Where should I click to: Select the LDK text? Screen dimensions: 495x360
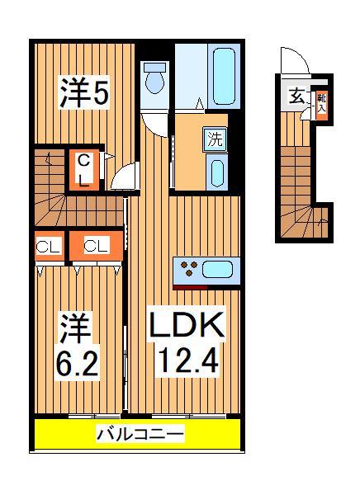(x=186, y=328)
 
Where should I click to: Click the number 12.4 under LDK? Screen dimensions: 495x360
(x=186, y=361)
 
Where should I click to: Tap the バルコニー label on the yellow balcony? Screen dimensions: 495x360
(x=139, y=433)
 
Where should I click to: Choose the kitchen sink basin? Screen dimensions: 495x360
(x=217, y=269)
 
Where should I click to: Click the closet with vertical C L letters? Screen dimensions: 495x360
(x=84, y=169)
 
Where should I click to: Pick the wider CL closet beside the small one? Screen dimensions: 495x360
(x=95, y=245)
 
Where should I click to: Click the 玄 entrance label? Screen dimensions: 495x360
(x=296, y=96)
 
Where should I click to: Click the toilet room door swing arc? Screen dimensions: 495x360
(x=154, y=124)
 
